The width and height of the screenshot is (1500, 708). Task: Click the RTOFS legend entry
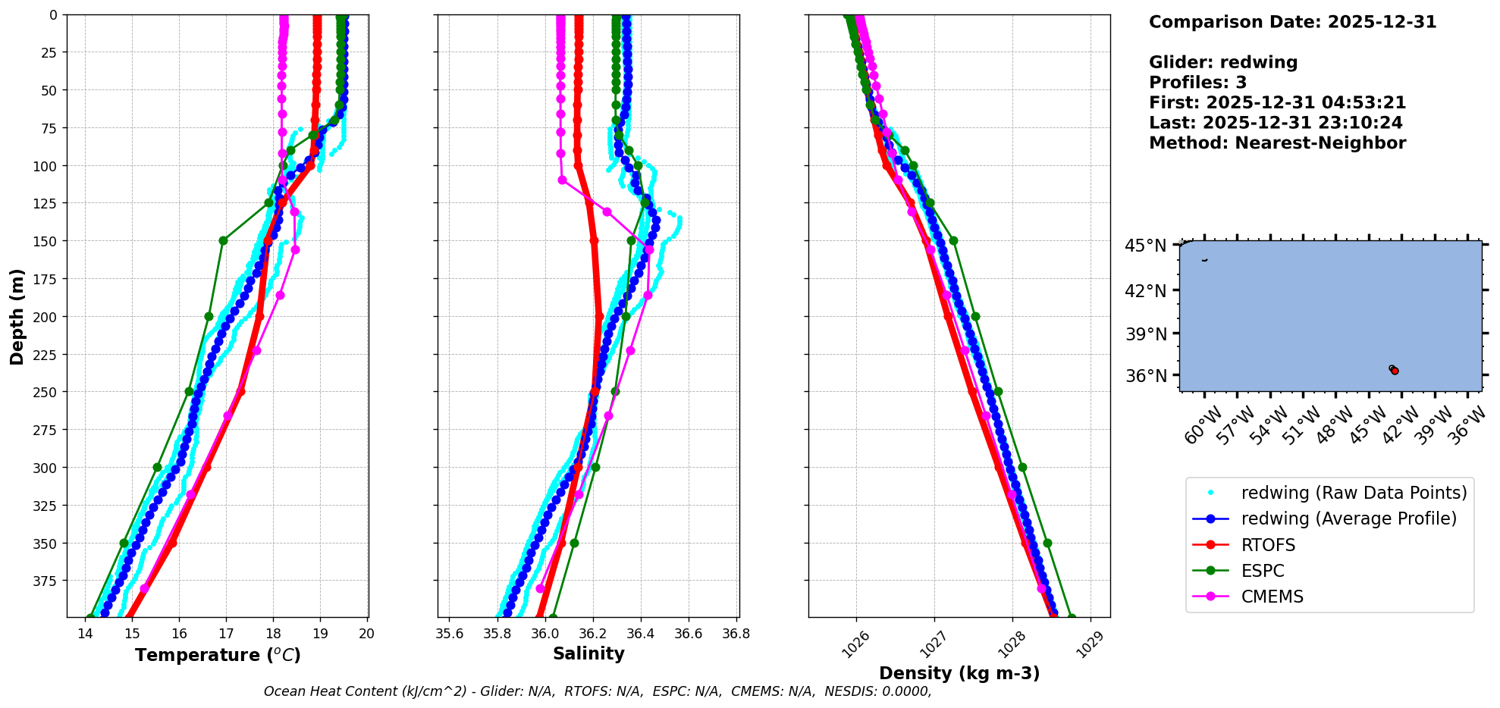[1268, 545]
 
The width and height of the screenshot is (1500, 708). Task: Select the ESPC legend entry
[1263, 571]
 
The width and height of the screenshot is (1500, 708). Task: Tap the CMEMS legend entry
[1272, 597]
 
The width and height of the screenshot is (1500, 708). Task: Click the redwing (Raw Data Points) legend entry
[1354, 493]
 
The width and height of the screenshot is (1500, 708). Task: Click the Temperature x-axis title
[218, 655]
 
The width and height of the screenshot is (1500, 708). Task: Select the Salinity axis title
[588, 654]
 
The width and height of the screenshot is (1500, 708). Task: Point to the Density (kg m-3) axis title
[959, 673]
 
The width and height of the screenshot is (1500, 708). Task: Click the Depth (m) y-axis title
[17, 316]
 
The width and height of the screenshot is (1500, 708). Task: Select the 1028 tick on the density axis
[1011, 642]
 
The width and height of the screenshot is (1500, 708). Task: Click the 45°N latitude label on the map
[1145, 246]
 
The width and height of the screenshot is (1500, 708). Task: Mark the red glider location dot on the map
[1395, 371]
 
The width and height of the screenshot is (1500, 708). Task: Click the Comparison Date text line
[1292, 22]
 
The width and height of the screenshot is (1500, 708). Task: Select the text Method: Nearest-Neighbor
[1277, 143]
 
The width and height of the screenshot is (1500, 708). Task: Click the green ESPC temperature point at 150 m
[223, 241]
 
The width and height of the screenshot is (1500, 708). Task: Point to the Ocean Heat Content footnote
[598, 691]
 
